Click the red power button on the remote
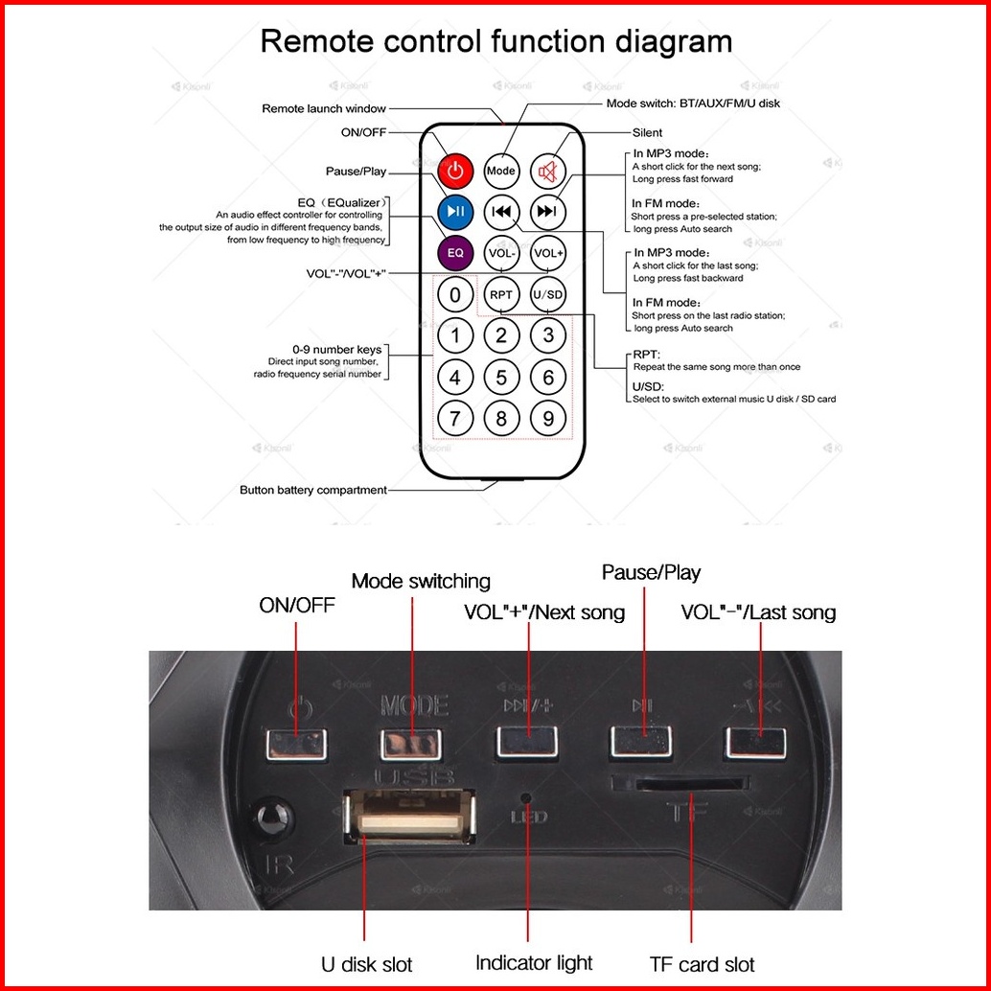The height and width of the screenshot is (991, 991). click(455, 172)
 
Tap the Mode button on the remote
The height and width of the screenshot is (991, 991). click(500, 172)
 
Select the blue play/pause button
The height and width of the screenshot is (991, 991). click(455, 211)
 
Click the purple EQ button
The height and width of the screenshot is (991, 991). click(455, 253)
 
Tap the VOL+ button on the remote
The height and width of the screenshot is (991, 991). click(548, 253)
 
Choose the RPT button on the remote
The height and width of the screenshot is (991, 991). click(500, 294)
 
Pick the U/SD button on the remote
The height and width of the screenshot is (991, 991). click(548, 294)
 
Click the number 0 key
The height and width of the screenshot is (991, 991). click(455, 294)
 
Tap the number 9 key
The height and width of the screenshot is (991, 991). click(548, 418)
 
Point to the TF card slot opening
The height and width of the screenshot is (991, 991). click(680, 784)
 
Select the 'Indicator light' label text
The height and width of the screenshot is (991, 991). click(534, 963)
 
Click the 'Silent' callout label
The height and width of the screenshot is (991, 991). click(647, 132)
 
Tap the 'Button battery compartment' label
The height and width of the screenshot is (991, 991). click(312, 490)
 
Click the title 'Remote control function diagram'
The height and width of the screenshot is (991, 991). click(495, 42)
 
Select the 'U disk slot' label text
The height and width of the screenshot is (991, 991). click(366, 963)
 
